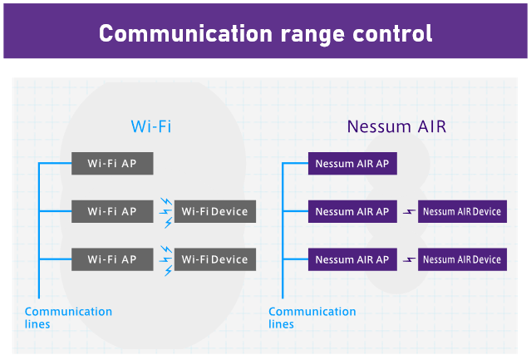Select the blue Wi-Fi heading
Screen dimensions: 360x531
[x=151, y=126]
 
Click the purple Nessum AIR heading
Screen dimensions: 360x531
[x=397, y=126]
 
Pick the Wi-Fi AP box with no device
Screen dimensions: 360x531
[x=112, y=164]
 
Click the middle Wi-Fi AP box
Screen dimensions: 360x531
[x=112, y=212]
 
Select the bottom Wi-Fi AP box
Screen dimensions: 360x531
[x=112, y=259]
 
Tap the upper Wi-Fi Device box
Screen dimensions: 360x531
[x=215, y=212]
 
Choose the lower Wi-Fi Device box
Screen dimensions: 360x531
[x=215, y=259]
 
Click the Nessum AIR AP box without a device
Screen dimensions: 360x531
[x=352, y=164]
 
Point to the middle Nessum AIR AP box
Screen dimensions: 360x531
[x=352, y=212]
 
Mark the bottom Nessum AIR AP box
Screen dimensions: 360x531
[x=352, y=259]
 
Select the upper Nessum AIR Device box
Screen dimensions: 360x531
[x=462, y=212]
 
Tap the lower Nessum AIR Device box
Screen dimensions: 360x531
[x=462, y=259]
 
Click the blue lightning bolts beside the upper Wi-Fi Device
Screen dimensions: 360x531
[x=165, y=212]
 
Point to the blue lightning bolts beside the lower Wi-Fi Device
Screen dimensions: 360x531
[x=165, y=259]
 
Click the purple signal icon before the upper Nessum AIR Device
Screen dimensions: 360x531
[x=408, y=212]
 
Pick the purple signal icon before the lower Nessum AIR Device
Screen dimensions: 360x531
[x=408, y=259]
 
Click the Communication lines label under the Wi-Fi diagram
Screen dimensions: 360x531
[x=68, y=318]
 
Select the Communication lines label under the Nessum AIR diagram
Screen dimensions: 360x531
[x=312, y=318]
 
